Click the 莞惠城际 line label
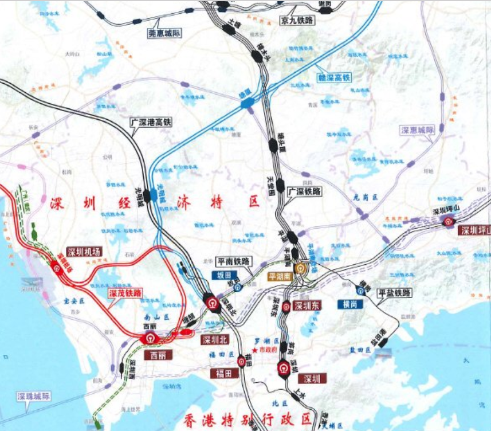click(x=164, y=33)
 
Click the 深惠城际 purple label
click(x=418, y=130)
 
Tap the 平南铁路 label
click(x=234, y=261)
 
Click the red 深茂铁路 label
click(x=125, y=293)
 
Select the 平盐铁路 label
click(x=395, y=293)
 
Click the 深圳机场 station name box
click(x=84, y=252)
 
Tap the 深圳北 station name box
click(x=215, y=340)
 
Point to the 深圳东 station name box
click(x=307, y=305)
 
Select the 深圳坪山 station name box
click(x=474, y=230)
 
